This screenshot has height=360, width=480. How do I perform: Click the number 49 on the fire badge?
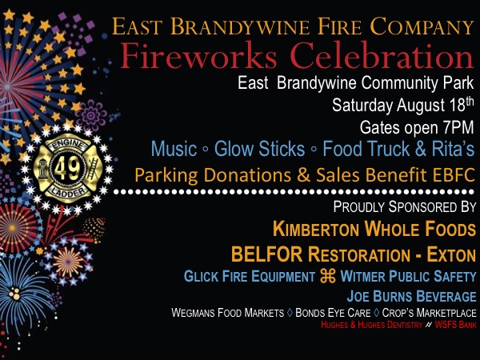coord(67,168)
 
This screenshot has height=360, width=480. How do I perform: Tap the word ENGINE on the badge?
coord(67,145)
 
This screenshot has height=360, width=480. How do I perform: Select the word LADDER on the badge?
coord(68,192)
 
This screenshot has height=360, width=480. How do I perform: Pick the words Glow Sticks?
coord(259,149)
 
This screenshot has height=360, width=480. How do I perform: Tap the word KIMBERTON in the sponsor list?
coord(316,229)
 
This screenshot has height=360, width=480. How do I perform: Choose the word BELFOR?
coord(266,254)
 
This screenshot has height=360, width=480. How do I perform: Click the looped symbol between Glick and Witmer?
coord(327,276)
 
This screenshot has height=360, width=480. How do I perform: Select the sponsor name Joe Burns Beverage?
coord(411,296)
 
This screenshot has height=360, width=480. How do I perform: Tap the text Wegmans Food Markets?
coord(228,313)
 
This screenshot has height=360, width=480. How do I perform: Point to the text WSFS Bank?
coord(455,325)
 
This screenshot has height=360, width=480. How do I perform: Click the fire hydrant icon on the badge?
coord(42,169)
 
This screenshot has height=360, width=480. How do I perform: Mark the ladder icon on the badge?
coord(93,169)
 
